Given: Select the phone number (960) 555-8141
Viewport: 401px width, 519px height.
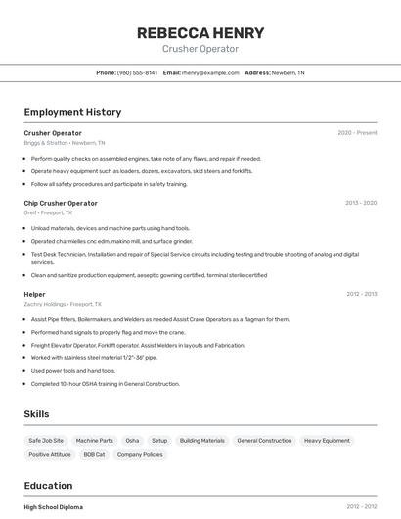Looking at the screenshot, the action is pyautogui.click(x=137, y=72).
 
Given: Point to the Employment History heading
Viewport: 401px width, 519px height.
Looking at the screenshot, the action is pyautogui.click(x=72, y=112).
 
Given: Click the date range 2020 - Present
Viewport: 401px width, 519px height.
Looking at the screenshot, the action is pyautogui.click(x=357, y=132).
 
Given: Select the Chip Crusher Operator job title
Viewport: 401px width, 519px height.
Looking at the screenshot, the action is pyautogui.click(x=61, y=203).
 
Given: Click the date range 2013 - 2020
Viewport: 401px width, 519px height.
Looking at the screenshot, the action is pyautogui.click(x=361, y=203).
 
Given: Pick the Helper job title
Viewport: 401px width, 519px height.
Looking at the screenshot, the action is pyautogui.click(x=35, y=294).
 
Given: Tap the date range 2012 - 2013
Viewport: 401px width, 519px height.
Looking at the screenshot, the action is pyautogui.click(x=361, y=294).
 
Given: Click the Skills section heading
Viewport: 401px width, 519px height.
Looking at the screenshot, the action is pyautogui.click(x=36, y=414).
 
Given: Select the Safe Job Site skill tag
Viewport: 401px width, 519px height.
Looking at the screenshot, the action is pyautogui.click(x=46, y=441).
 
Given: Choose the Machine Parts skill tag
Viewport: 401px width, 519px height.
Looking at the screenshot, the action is pyautogui.click(x=95, y=441).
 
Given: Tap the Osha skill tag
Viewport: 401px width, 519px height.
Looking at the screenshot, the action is pyautogui.click(x=132, y=441).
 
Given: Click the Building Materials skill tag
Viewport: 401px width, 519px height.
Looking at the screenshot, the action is pyautogui.click(x=201, y=441).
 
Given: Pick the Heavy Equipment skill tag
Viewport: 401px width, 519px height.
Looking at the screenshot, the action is pyautogui.click(x=327, y=441).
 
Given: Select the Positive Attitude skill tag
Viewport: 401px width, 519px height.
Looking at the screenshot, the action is pyautogui.click(x=50, y=455).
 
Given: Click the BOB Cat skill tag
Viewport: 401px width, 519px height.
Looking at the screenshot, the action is pyautogui.click(x=94, y=455).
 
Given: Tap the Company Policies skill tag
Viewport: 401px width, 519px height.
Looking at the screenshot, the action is pyautogui.click(x=139, y=455).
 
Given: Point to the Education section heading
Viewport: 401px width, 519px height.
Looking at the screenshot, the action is pyautogui.click(x=48, y=486).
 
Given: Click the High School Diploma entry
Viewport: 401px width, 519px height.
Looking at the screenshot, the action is pyautogui.click(x=54, y=507).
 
